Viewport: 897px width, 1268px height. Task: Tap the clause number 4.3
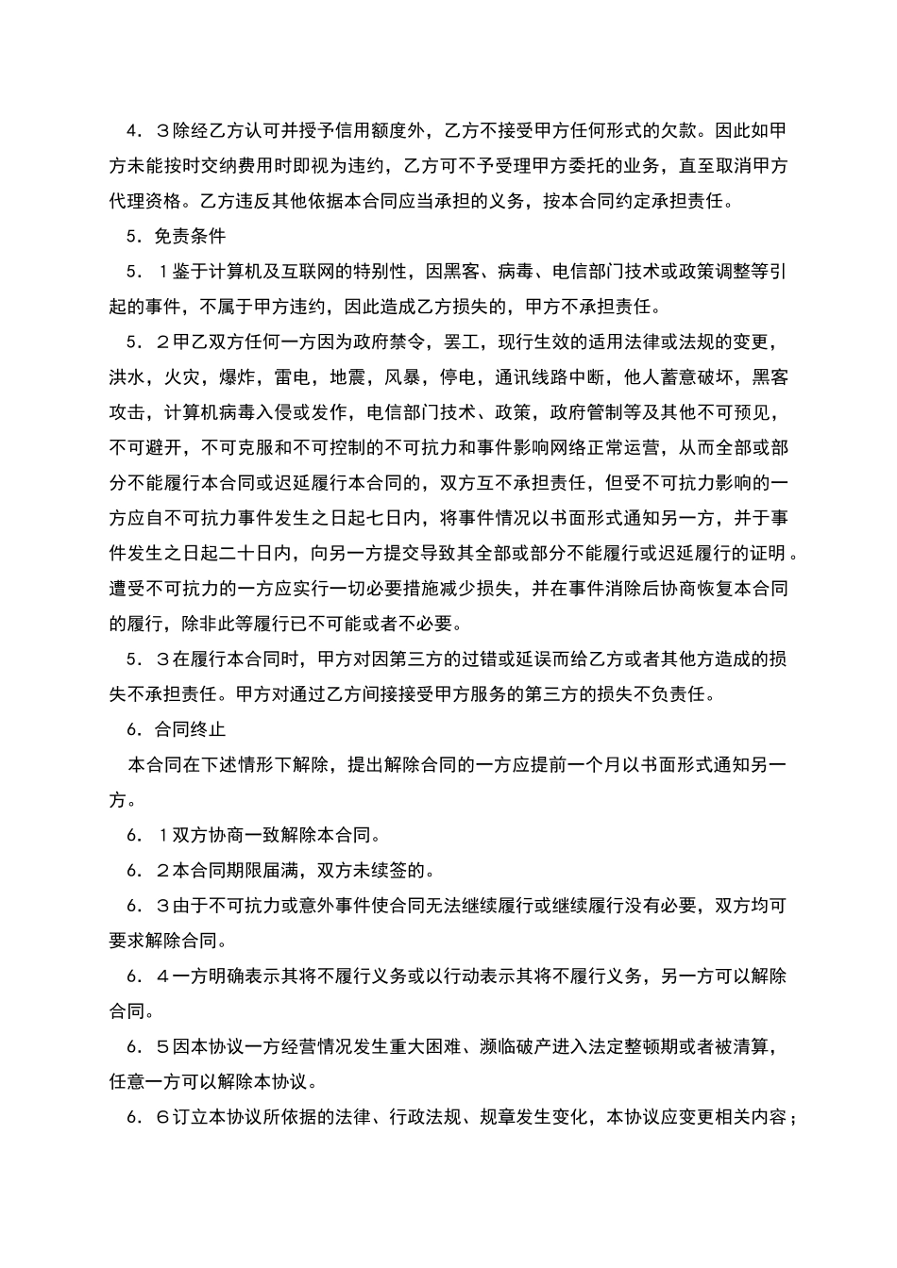click(147, 130)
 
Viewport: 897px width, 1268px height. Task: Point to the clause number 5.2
click(147, 342)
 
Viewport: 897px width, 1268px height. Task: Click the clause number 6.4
click(147, 976)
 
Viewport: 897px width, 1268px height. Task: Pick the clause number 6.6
click(147, 1118)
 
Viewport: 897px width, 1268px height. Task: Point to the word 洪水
click(127, 377)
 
